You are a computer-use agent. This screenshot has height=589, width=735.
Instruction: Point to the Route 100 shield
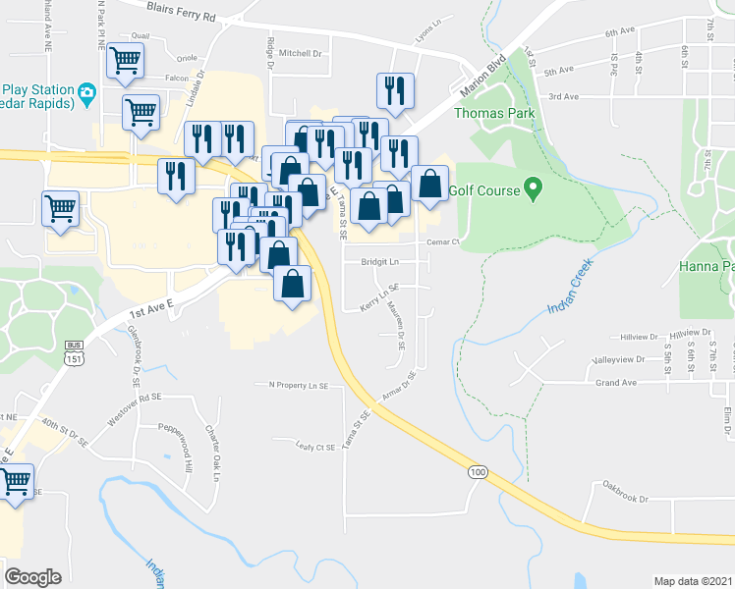[478, 473]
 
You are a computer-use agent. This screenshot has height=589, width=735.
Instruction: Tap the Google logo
[32, 577]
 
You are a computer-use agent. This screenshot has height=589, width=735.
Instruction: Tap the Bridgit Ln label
[380, 262]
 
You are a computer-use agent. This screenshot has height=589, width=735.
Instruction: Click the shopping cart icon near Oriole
[125, 61]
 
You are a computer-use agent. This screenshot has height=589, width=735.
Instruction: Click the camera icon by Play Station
[86, 94]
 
